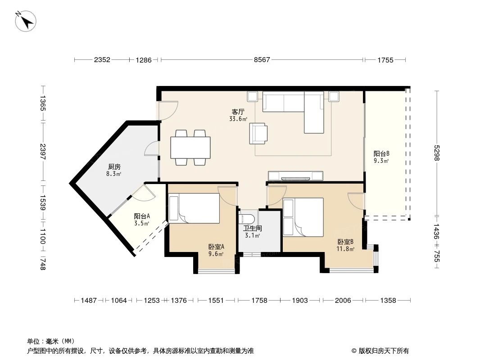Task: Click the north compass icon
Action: (26, 20)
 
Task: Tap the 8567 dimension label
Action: (262, 59)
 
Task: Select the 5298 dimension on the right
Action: (436, 151)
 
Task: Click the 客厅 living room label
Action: (238, 112)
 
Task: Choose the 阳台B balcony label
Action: (381, 153)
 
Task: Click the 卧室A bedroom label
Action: (216, 247)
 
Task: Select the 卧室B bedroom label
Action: (345, 242)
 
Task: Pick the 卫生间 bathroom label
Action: (253, 228)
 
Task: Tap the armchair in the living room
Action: (258, 133)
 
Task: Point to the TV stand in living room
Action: (295, 175)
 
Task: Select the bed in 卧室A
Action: (194, 208)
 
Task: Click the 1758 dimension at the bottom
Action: (258, 300)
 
